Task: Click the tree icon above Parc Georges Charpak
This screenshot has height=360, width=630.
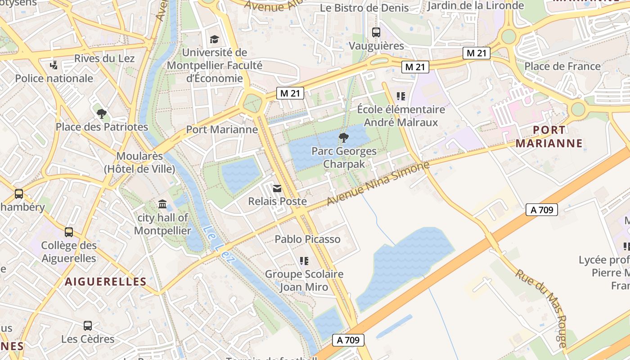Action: (x=343, y=137)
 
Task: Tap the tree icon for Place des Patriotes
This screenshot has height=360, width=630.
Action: (x=102, y=113)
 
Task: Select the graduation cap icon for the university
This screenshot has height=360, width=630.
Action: (x=214, y=39)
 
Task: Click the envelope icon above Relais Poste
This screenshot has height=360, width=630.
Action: (x=277, y=189)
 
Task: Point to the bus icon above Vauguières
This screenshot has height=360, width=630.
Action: (x=376, y=32)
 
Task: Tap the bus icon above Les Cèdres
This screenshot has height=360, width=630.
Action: (x=88, y=325)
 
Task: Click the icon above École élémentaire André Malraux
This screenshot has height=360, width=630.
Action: (x=400, y=96)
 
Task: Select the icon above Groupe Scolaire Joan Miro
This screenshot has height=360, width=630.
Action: (x=304, y=261)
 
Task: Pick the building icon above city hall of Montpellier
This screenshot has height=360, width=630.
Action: (x=162, y=205)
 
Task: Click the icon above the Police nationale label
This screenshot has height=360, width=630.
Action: (x=54, y=65)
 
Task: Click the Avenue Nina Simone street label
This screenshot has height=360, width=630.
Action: (x=378, y=184)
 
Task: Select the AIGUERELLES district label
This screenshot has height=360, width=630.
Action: (x=106, y=282)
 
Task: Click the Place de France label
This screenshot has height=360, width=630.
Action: (x=562, y=66)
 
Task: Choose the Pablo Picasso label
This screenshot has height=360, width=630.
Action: (x=307, y=239)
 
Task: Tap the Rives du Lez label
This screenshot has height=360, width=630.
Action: (x=104, y=58)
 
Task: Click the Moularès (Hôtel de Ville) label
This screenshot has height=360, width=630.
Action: (x=139, y=162)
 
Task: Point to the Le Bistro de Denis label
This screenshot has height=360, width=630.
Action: (x=364, y=8)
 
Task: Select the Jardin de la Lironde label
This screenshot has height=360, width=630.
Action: (x=476, y=5)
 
